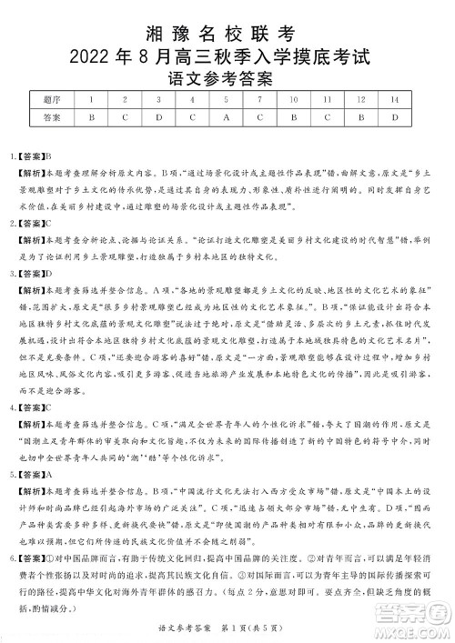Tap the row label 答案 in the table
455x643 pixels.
[x=52, y=117]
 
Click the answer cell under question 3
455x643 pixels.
[x=158, y=117]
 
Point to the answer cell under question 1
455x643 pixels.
[x=92, y=117]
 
